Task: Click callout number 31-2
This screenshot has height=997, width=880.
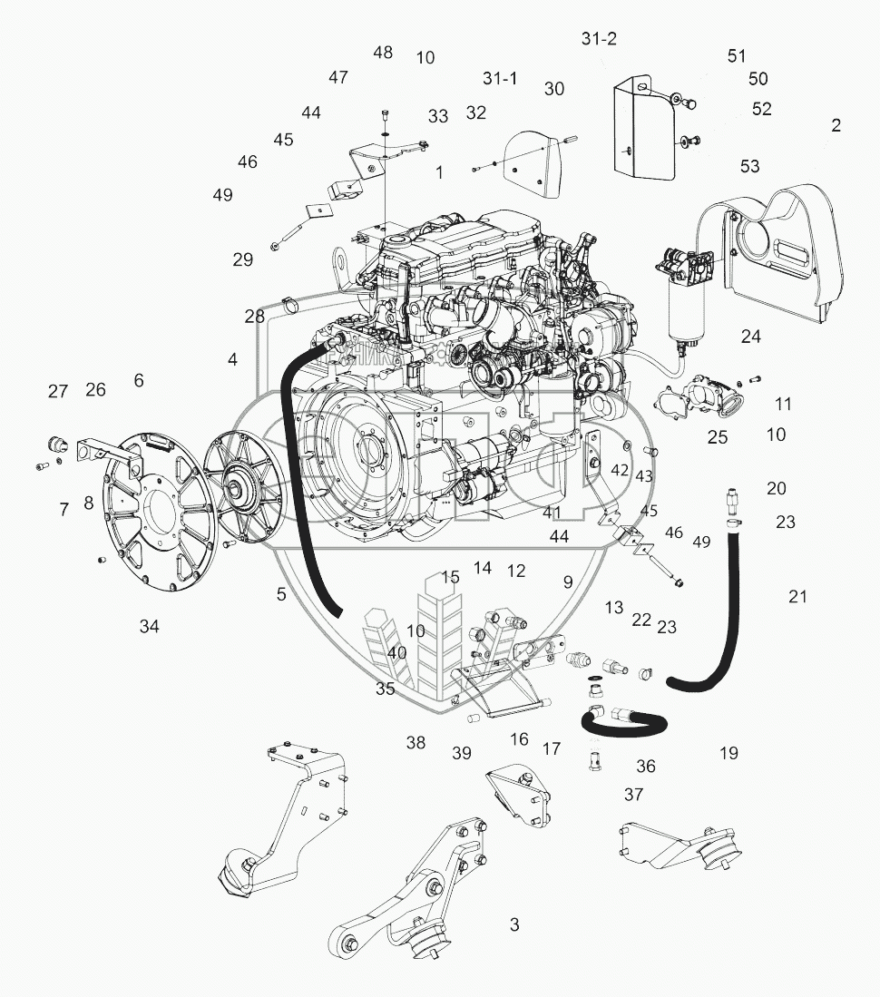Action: coord(599,39)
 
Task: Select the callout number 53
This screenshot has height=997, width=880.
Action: coord(749,166)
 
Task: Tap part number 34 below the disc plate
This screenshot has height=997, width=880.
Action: coord(150,626)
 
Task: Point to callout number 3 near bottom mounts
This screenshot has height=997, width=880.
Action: coord(514,925)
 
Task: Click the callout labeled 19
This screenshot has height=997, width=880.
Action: coord(728,752)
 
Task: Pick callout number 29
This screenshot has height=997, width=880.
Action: coord(242,259)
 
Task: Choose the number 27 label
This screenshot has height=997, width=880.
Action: coord(58,391)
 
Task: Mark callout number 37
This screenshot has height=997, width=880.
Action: coord(633,795)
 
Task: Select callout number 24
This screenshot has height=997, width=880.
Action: coord(750,337)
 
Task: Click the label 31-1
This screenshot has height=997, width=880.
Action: coord(500,78)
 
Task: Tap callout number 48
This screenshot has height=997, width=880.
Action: coord(383,52)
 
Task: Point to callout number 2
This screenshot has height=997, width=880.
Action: coord(836,125)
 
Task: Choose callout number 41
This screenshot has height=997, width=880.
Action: coord(552,513)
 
